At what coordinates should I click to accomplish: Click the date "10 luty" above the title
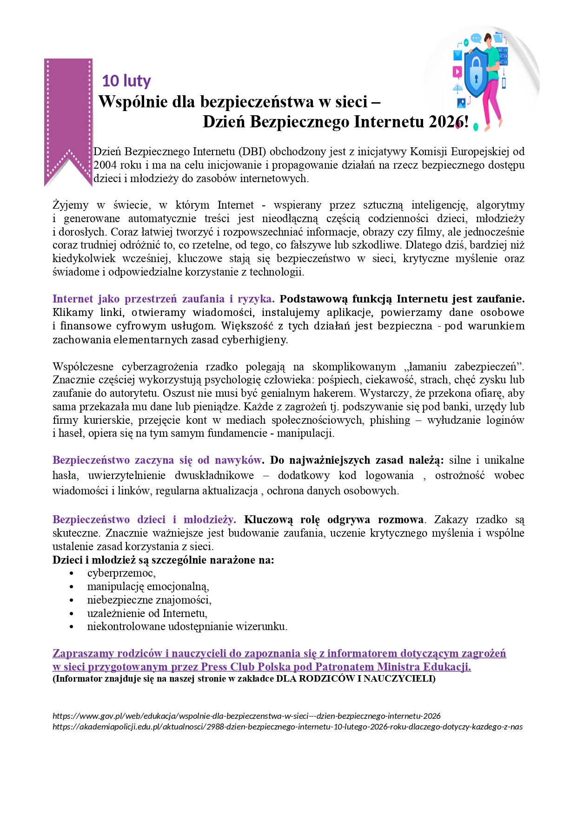126,81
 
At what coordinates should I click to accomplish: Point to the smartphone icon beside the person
503,83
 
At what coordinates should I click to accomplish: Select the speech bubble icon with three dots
475,38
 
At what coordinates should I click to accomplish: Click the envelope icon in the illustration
458,56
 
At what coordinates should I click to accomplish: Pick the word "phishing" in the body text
390,420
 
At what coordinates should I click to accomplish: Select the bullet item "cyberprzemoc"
121,573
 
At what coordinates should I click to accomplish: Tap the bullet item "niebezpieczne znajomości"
149,600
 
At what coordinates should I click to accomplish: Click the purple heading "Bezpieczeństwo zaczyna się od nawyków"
157,460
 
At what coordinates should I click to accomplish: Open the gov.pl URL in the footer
246,716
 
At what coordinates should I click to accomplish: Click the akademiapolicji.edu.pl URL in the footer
287,727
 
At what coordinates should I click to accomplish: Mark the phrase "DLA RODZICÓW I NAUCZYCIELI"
356,679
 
